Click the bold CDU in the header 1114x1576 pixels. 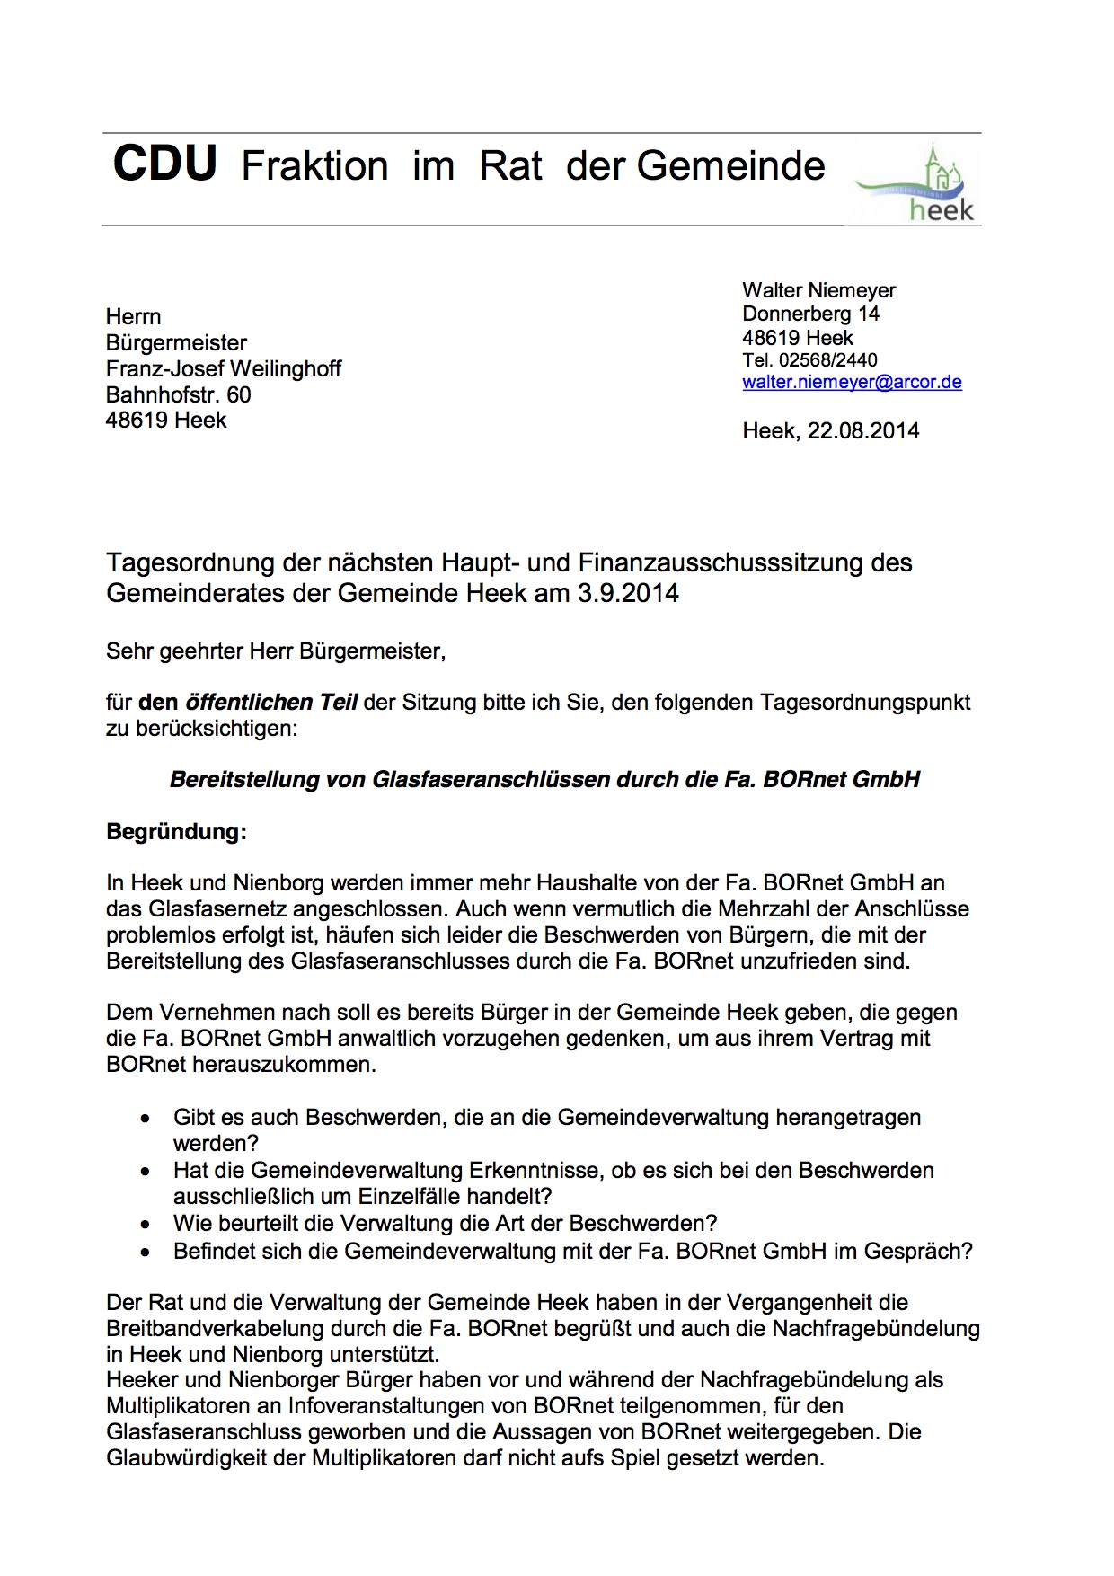164,164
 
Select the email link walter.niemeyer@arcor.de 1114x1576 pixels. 852,382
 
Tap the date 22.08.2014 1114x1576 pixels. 862,431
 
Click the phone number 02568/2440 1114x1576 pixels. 827,360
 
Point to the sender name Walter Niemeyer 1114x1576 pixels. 818,290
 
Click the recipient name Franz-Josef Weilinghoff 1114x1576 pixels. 223,368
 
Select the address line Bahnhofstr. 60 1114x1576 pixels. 178,394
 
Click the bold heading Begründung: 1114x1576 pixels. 176,831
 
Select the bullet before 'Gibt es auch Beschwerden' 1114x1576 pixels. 146,1119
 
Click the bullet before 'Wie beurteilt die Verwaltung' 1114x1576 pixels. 146,1225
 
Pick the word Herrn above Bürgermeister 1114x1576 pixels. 133,316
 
